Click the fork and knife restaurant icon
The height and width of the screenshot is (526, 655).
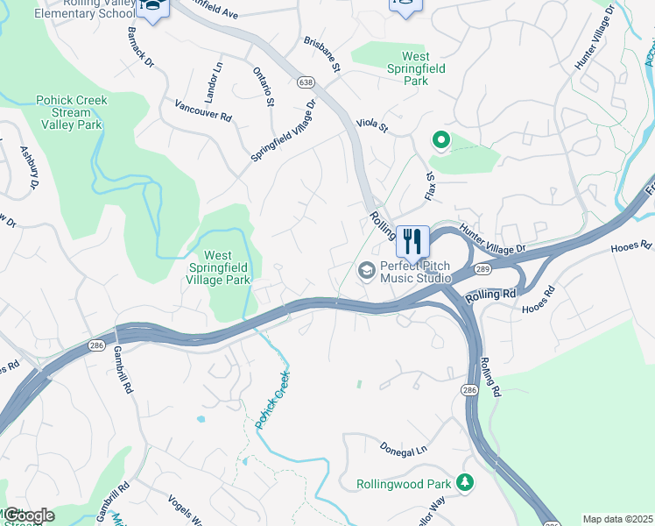[x=412, y=240]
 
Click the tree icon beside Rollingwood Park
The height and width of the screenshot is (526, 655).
[x=467, y=483]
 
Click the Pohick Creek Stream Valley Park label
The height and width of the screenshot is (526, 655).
[x=71, y=112]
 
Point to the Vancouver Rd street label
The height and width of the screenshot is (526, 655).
[x=202, y=110]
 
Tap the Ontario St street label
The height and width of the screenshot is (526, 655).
[x=264, y=87]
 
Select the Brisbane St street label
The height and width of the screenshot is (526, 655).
[x=320, y=55]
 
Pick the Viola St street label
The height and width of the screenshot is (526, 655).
[x=371, y=125]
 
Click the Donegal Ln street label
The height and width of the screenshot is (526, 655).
[x=404, y=448]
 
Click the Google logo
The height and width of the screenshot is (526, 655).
[x=28, y=515]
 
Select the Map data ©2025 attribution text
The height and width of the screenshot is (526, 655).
[x=616, y=519]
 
